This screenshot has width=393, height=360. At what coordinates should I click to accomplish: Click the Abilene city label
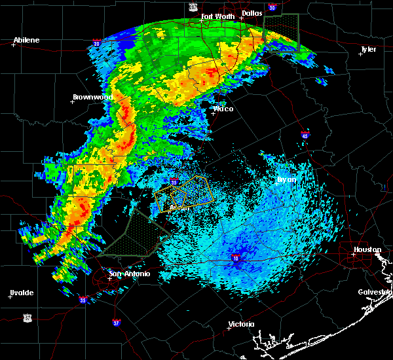click(x=26, y=40)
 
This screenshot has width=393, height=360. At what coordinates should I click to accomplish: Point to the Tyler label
click(x=368, y=49)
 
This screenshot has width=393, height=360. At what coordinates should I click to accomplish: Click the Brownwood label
click(x=92, y=97)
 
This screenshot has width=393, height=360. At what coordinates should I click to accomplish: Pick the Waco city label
click(x=223, y=109)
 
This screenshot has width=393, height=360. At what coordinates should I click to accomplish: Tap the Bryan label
click(x=286, y=179)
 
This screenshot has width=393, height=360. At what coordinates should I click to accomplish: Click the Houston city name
click(x=367, y=250)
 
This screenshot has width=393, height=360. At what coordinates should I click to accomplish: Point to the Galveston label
click(x=374, y=292)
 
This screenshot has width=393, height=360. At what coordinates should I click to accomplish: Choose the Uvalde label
click(x=21, y=293)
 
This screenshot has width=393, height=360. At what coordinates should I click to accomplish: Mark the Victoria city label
click(x=241, y=325)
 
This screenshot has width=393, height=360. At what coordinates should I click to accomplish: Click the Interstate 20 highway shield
click(x=98, y=45)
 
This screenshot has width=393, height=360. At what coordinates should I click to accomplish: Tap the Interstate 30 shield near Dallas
click(x=272, y=8)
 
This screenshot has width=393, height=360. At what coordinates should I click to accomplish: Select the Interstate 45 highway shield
click(x=305, y=135)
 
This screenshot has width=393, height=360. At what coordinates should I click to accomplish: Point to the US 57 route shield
click(x=28, y=317)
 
